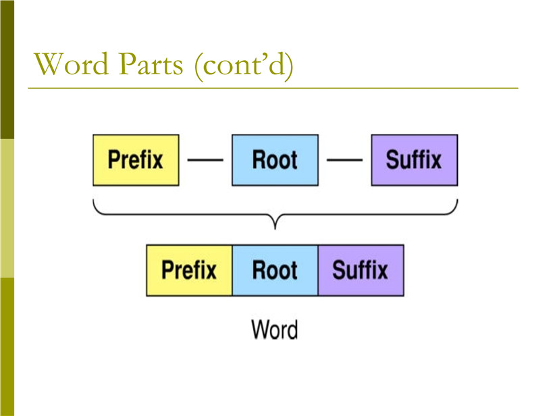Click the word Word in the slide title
pyautogui.click(x=71, y=63)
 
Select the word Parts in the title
pyautogui.click(x=151, y=63)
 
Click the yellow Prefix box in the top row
pyautogui.click(x=136, y=160)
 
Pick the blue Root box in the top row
pyautogui.click(x=275, y=160)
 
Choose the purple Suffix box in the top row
pyautogui.click(x=415, y=160)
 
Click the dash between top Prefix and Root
pyautogui.click(x=205, y=160)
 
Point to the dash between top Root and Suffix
pyautogui.click(x=345, y=160)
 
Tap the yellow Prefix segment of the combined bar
pyautogui.click(x=189, y=270)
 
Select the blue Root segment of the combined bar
pyautogui.click(x=275, y=270)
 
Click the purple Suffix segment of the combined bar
pyautogui.click(x=361, y=270)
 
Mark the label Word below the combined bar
pyautogui.click(x=275, y=330)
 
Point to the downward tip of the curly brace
pyautogui.click(x=275, y=229)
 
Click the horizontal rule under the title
pyautogui.click(x=273, y=88)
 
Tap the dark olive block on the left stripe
pyautogui.click(x=7, y=70)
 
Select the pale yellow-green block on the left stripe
pyautogui.click(x=7, y=208)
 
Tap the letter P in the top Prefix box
pyautogui.click(x=114, y=159)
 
